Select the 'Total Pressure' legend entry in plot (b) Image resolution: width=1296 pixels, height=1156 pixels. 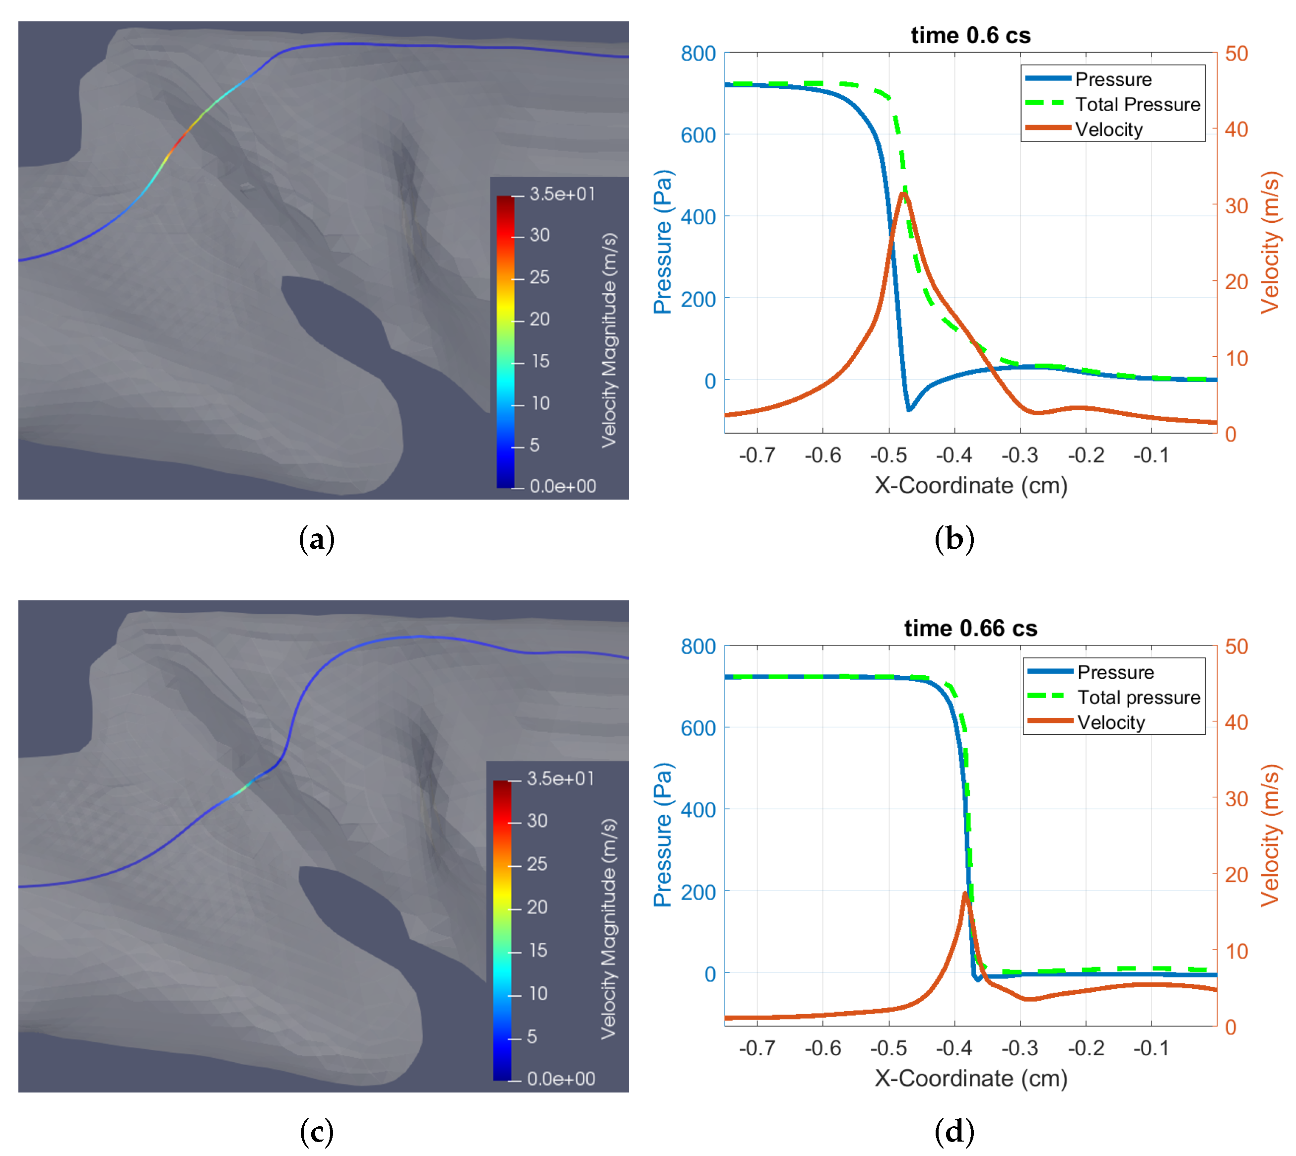tap(1137, 104)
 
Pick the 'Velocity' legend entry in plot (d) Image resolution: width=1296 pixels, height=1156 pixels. tap(1110, 722)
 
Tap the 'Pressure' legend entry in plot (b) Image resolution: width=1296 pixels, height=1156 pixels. tap(1113, 79)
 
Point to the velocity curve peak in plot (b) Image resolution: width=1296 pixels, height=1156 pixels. tap(903, 193)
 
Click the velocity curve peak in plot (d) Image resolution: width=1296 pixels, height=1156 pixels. tap(965, 894)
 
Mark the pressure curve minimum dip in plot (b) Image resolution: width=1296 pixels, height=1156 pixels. tap(909, 410)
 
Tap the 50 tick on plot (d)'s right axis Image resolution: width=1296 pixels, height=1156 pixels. tap(1236, 646)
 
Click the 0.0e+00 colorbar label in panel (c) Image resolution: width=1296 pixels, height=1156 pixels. tap(561, 1079)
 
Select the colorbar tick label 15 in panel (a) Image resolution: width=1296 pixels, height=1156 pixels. tap(540, 361)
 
